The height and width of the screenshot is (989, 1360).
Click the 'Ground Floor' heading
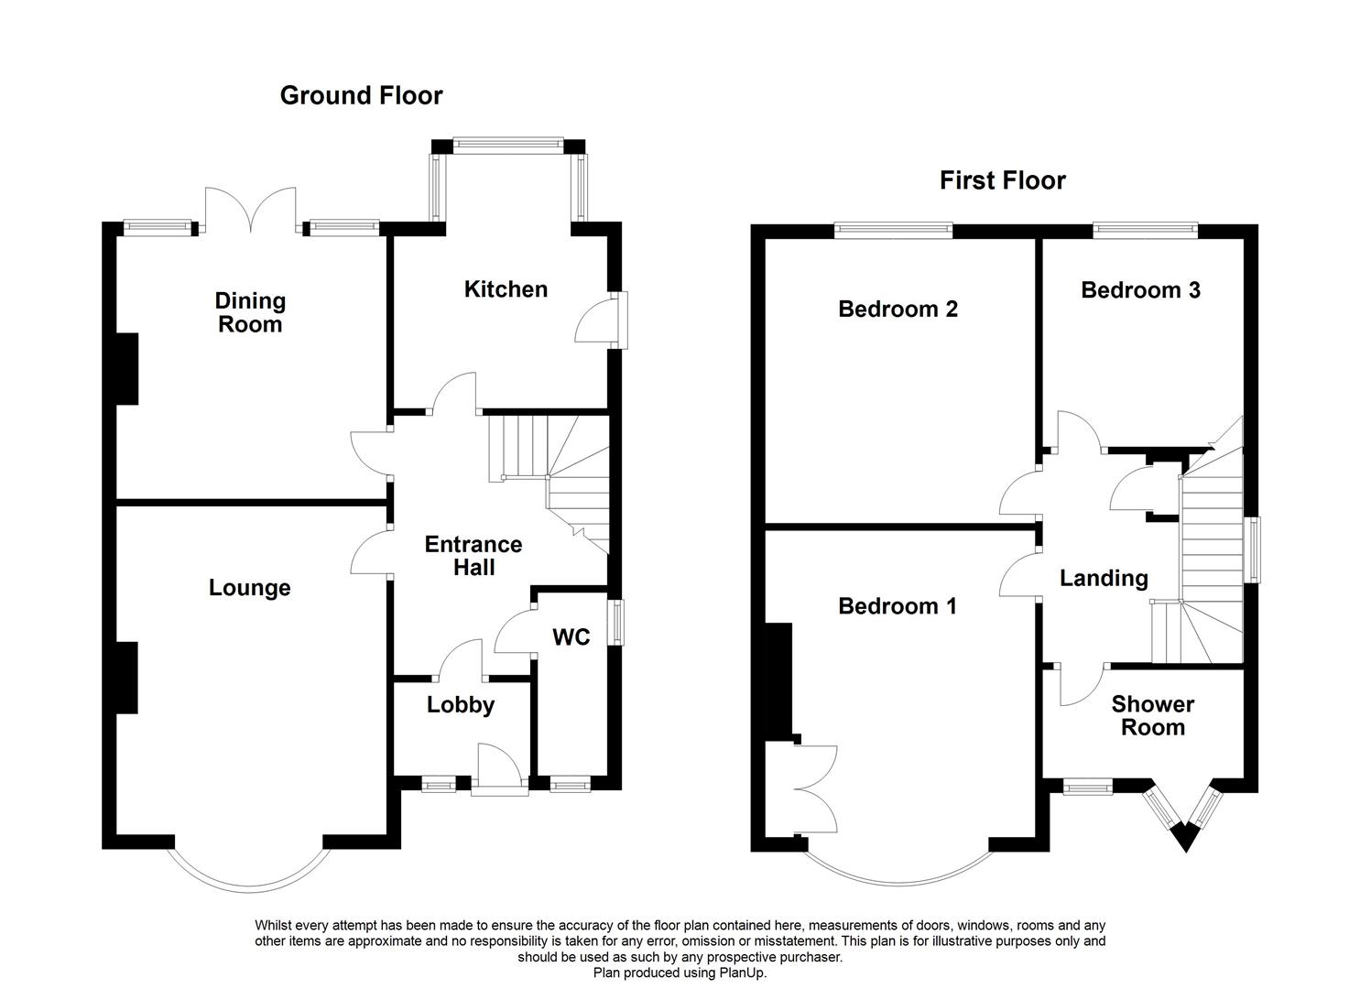point(361,95)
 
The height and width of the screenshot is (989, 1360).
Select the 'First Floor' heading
point(1002,180)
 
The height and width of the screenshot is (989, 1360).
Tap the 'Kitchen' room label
point(506,289)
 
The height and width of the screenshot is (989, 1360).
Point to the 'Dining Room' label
point(250,312)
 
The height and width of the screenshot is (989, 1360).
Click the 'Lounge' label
point(249,588)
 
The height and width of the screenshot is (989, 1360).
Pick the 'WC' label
point(571,637)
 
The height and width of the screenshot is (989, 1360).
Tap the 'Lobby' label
point(461,705)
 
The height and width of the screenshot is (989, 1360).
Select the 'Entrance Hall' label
point(473,556)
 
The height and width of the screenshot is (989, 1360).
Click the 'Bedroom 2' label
point(898,310)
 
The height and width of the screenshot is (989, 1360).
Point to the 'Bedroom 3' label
point(1140,290)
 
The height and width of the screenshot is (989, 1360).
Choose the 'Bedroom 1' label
point(898,606)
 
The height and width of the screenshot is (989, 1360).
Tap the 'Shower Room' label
point(1153,716)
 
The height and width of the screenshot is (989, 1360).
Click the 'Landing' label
point(1104,578)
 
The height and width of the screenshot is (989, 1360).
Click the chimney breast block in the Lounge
point(126,678)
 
